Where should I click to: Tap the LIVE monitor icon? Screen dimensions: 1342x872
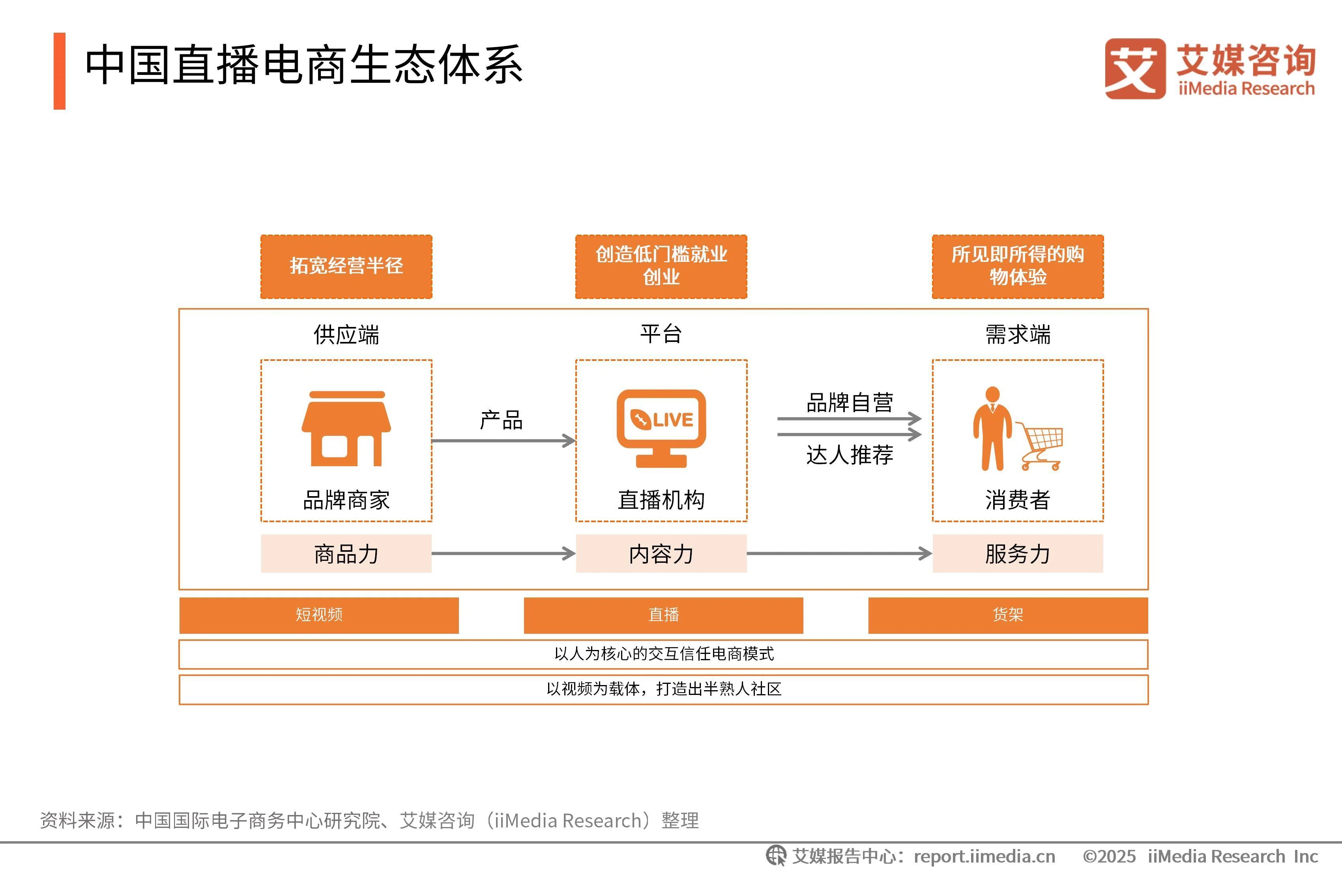coord(661,427)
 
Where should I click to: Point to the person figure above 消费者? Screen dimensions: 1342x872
coord(992,428)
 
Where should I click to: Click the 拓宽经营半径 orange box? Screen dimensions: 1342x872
coord(346,267)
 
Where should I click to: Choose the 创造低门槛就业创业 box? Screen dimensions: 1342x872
coord(661,267)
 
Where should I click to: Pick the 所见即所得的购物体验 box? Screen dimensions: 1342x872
coord(1017,267)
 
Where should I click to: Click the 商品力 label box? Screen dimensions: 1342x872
coord(346,553)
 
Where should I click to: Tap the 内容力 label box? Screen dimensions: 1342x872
coord(661,553)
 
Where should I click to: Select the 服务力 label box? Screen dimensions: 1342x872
coord(1017,553)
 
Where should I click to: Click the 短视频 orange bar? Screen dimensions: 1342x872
coord(319,615)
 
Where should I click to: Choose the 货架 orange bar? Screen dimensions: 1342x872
coord(1008,615)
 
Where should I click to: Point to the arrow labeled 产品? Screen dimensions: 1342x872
coord(503,440)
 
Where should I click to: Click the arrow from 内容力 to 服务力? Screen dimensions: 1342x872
coord(839,553)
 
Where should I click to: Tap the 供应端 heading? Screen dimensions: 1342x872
coord(346,334)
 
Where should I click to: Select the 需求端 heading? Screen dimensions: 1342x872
coord(1017,334)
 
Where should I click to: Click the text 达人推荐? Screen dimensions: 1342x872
coord(849,455)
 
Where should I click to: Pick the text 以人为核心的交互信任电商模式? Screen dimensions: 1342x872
coord(664,654)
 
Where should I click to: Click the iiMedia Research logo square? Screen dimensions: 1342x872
coord(1134,69)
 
